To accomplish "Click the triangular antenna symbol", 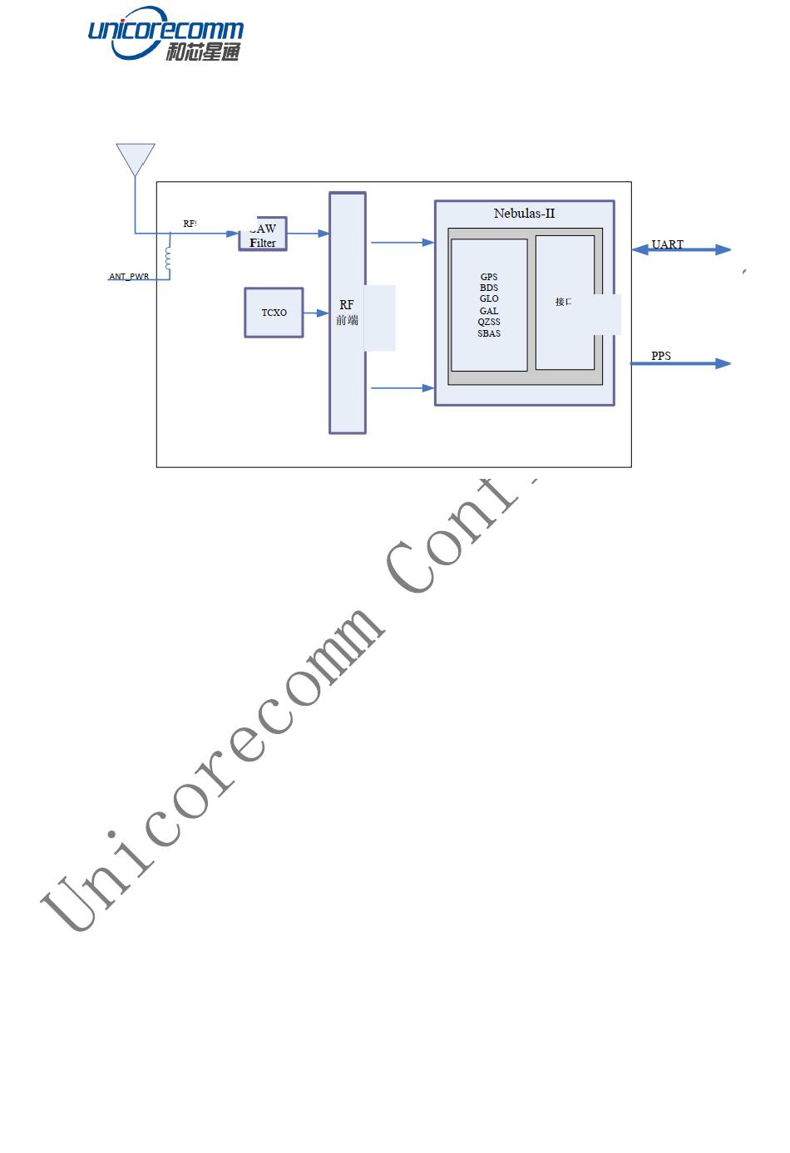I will (136, 158).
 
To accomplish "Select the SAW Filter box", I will (263, 234).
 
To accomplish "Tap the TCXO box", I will (274, 313).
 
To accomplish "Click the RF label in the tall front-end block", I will (347, 305).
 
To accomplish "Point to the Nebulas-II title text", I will (524, 214).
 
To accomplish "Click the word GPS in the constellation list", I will (489, 277).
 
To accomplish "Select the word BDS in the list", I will (489, 288).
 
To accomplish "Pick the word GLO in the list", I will (489, 298).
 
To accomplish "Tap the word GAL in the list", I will (489, 311).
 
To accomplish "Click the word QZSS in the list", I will (489, 322).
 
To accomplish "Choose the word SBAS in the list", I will (489, 333).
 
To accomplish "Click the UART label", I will (667, 244).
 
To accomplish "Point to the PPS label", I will (661, 356).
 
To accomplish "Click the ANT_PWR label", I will (129, 277).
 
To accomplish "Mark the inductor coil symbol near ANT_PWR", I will (169, 258).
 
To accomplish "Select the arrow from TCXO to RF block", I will (316, 313).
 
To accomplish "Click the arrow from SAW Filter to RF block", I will (309, 234).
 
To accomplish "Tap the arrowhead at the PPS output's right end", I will (723, 363).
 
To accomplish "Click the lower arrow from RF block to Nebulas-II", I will (402, 388).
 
